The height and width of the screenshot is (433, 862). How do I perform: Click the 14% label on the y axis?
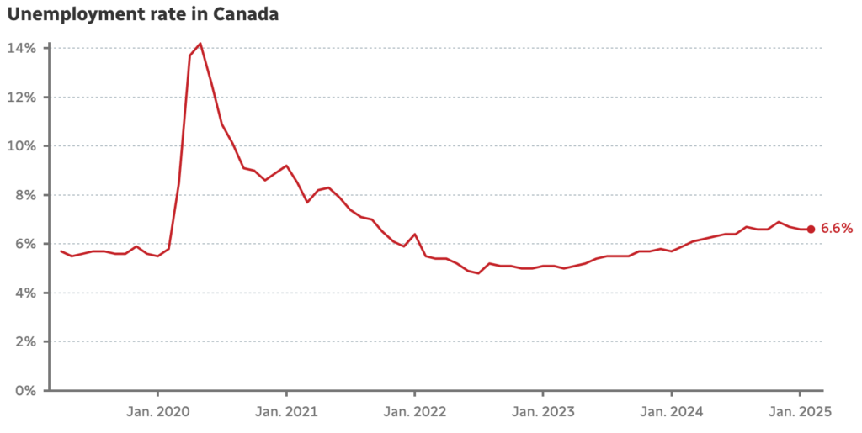click(x=23, y=48)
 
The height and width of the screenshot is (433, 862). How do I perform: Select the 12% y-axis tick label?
click(x=23, y=97)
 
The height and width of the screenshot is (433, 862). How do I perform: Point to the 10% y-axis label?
click(x=23, y=145)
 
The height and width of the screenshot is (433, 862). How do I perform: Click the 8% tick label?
click(x=26, y=195)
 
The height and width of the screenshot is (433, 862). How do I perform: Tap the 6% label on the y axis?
click(x=26, y=244)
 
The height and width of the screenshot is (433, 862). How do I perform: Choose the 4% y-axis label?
click(x=26, y=293)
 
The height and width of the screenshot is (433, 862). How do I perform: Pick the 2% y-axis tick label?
click(x=26, y=341)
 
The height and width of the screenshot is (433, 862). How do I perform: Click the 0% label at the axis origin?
click(x=26, y=390)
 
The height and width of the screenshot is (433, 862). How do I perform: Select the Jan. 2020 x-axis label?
click(x=158, y=412)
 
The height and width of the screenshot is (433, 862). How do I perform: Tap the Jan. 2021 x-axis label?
click(x=286, y=412)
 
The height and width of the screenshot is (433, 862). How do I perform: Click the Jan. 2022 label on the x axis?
click(x=415, y=412)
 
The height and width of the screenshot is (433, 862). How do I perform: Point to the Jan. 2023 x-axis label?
click(x=543, y=412)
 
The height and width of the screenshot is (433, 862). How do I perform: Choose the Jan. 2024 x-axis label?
click(x=672, y=412)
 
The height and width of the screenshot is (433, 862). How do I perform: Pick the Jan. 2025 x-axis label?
click(x=800, y=412)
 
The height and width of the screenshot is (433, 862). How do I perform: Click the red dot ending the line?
click(x=811, y=229)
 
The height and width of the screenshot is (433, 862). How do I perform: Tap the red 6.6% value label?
click(x=837, y=229)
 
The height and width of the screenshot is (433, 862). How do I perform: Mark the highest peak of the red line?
click(x=200, y=43)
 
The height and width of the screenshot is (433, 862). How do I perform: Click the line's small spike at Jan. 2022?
click(x=415, y=234)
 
